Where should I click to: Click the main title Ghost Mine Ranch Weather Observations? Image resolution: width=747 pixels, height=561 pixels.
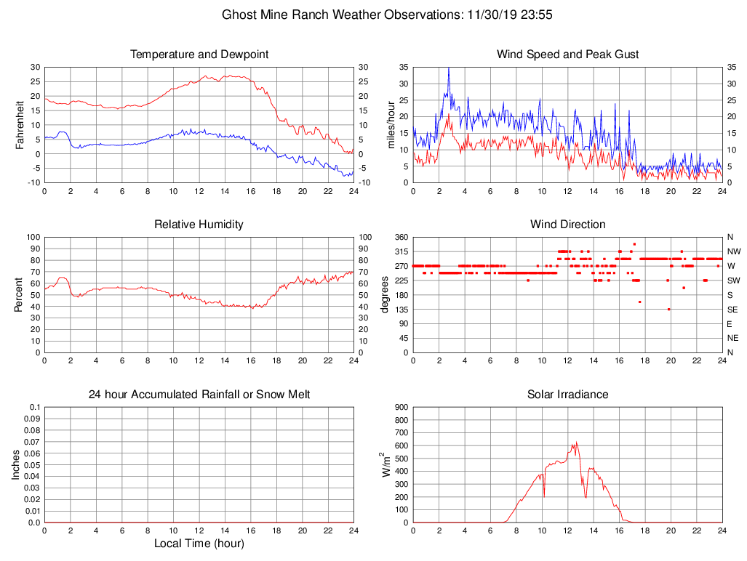click(x=391, y=15)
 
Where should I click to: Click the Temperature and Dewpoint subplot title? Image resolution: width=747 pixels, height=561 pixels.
click(x=199, y=55)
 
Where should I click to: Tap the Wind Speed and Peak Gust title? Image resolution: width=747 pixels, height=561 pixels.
click(x=568, y=55)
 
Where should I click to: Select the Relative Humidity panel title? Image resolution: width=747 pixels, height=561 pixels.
click(x=199, y=225)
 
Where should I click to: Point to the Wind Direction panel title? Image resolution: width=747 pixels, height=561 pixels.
click(x=568, y=225)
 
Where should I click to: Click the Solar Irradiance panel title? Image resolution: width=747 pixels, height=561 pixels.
click(x=568, y=395)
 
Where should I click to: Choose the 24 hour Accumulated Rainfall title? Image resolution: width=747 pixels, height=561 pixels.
click(x=199, y=395)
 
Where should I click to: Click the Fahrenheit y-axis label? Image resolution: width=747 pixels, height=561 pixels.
click(x=20, y=125)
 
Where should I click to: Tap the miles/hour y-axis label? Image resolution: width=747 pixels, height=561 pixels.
click(x=391, y=125)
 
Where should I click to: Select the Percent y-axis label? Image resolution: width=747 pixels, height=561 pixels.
click(x=20, y=295)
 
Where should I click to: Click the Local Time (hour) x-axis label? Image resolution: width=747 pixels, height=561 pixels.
click(x=199, y=544)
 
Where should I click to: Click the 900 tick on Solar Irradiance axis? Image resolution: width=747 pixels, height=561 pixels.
click(x=401, y=407)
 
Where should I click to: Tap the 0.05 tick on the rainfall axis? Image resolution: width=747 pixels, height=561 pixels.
click(x=32, y=465)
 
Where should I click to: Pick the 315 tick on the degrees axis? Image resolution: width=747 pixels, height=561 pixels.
click(x=400, y=251)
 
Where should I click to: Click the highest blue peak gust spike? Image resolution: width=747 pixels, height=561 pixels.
click(x=449, y=68)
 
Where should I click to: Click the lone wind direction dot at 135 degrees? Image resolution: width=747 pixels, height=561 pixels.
click(x=668, y=310)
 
